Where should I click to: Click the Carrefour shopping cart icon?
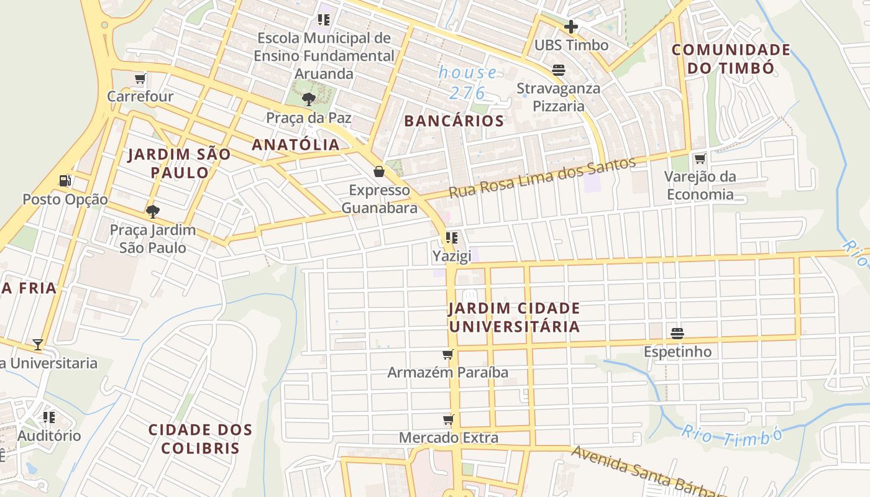[x=140, y=79]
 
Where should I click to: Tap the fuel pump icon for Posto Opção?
[x=65, y=181]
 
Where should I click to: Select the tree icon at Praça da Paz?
[x=308, y=99]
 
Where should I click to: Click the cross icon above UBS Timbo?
[x=570, y=27]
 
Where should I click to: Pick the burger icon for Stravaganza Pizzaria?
[x=559, y=69]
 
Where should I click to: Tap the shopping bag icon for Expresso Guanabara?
[x=378, y=171]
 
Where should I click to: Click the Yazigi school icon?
[x=452, y=237]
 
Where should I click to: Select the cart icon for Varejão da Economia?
[x=700, y=158]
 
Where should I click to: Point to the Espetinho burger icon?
[x=677, y=333]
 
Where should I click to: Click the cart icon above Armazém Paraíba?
[x=447, y=354]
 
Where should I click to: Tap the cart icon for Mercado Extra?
[x=448, y=419]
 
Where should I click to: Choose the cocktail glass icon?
[x=38, y=344]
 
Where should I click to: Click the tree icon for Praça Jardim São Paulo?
[x=152, y=212]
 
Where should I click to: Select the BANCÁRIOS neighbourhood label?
[x=454, y=121]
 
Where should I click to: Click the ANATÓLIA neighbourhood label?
[x=295, y=145]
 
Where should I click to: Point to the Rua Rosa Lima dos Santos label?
[x=543, y=178]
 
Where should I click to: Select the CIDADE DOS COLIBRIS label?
[x=200, y=439]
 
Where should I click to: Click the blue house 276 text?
[x=467, y=83]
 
